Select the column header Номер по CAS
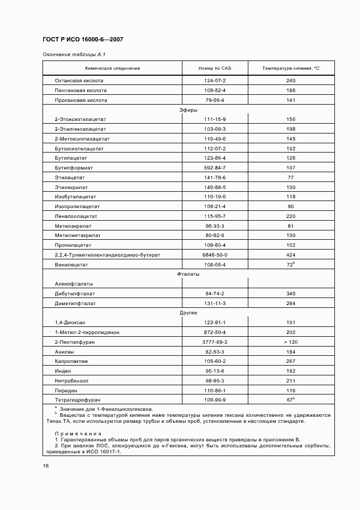click(215, 68)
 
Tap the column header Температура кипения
click(291, 68)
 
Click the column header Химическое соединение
click(113, 68)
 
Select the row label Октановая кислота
click(81, 81)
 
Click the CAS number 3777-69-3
click(215, 342)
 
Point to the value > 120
click(291, 342)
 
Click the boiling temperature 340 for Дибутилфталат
click(291, 294)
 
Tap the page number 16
click(46, 465)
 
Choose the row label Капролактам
click(71, 361)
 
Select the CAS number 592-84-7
click(215, 167)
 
